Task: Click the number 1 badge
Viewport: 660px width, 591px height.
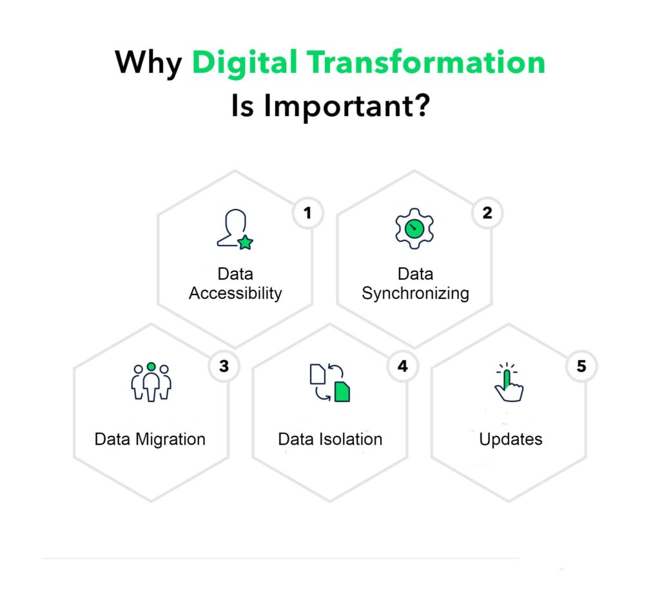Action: coord(307,213)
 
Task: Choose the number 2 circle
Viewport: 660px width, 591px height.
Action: coord(487,213)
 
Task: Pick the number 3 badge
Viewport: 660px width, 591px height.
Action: coord(224,366)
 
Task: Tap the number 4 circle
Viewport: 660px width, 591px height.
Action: coord(403,366)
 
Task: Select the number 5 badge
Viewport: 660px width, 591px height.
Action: coord(581,366)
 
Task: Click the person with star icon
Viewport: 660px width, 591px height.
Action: coord(234,229)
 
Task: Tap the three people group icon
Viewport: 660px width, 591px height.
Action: coord(151,382)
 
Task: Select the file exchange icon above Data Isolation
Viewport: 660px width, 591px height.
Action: coord(330,383)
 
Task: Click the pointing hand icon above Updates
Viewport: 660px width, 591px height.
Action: coord(508,382)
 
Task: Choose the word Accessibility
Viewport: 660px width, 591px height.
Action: coord(235,293)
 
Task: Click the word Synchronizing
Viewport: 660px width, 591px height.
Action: coord(415,293)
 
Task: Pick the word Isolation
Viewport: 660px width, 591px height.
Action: coord(351,440)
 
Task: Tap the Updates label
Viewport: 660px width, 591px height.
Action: coord(510,440)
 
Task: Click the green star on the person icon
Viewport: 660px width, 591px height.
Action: coord(245,242)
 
